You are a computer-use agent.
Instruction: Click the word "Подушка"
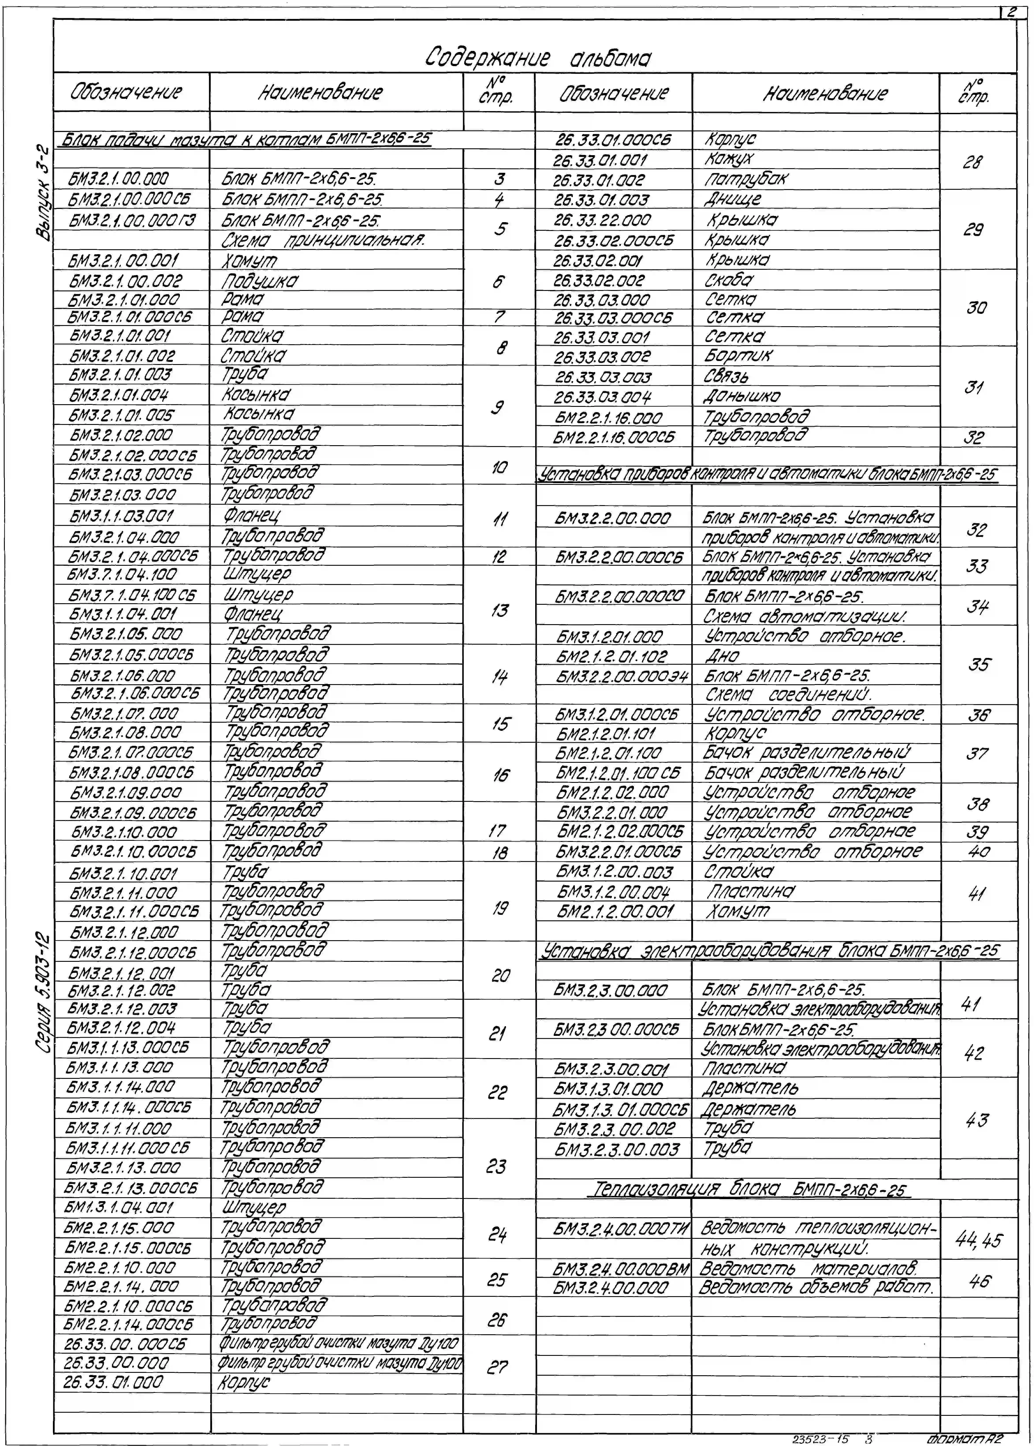260,281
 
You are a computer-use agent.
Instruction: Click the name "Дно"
722,656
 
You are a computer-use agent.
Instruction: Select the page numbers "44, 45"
979,1240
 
